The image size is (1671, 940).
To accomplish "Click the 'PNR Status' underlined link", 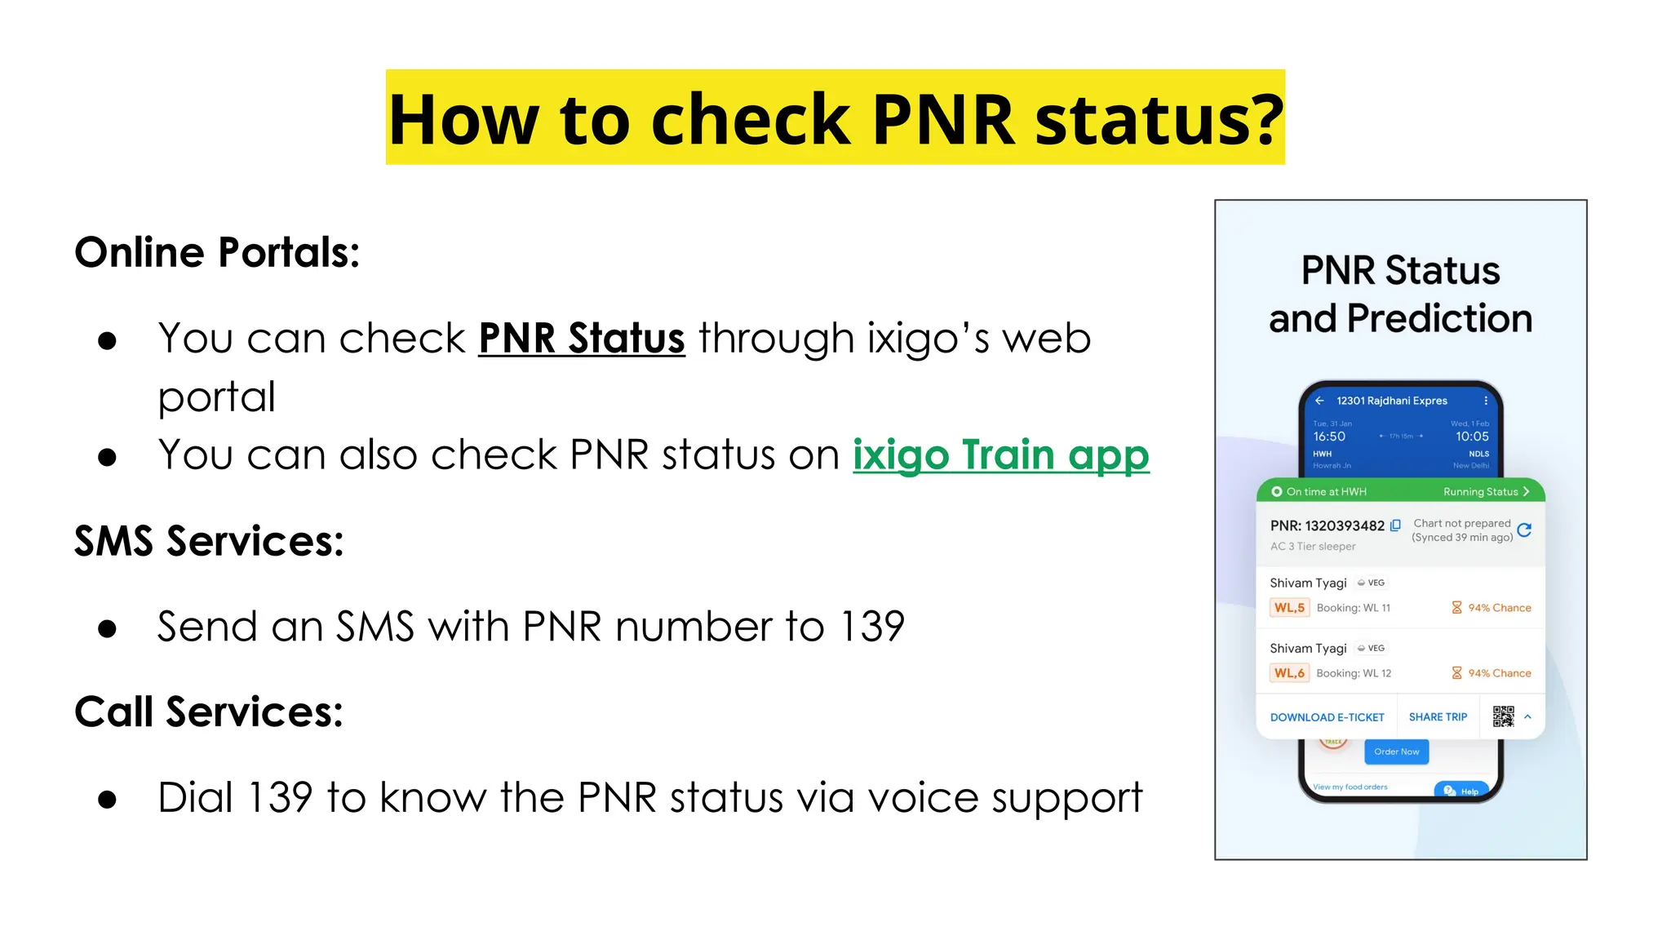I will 581,338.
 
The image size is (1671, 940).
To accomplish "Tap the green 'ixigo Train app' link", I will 1000,454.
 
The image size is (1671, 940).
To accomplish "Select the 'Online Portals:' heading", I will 217,252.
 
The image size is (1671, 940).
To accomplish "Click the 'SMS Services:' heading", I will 209,541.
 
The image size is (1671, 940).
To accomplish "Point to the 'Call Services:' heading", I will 209,712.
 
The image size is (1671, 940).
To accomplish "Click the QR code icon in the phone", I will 1503,716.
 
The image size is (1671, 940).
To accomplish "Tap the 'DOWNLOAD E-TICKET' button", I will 1327,717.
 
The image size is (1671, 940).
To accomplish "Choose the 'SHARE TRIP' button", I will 1438,717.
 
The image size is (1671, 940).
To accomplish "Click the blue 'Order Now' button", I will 1396,752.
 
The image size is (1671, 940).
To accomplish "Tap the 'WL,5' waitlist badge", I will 1289,608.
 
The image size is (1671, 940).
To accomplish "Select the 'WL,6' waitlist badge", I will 1289,673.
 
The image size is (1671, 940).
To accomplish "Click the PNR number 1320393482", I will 1345,525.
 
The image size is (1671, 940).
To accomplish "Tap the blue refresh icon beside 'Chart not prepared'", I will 1524,530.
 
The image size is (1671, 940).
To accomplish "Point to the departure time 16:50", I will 1329,437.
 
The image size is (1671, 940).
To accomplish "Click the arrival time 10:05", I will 1472,437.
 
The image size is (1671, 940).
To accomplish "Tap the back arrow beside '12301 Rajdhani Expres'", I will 1319,401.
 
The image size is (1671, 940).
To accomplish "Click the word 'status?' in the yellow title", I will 1159,119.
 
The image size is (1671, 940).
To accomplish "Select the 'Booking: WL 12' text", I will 1354,673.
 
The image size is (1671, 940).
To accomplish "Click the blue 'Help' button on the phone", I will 1462,791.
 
